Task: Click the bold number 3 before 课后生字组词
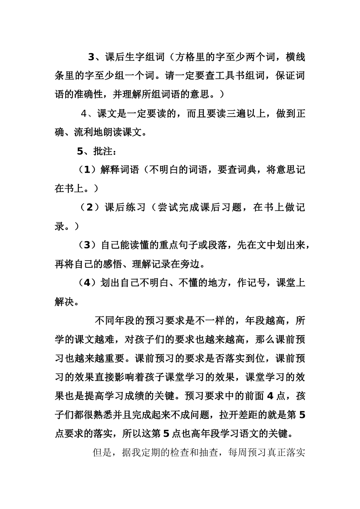[91, 57]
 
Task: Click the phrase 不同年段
[114, 321]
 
